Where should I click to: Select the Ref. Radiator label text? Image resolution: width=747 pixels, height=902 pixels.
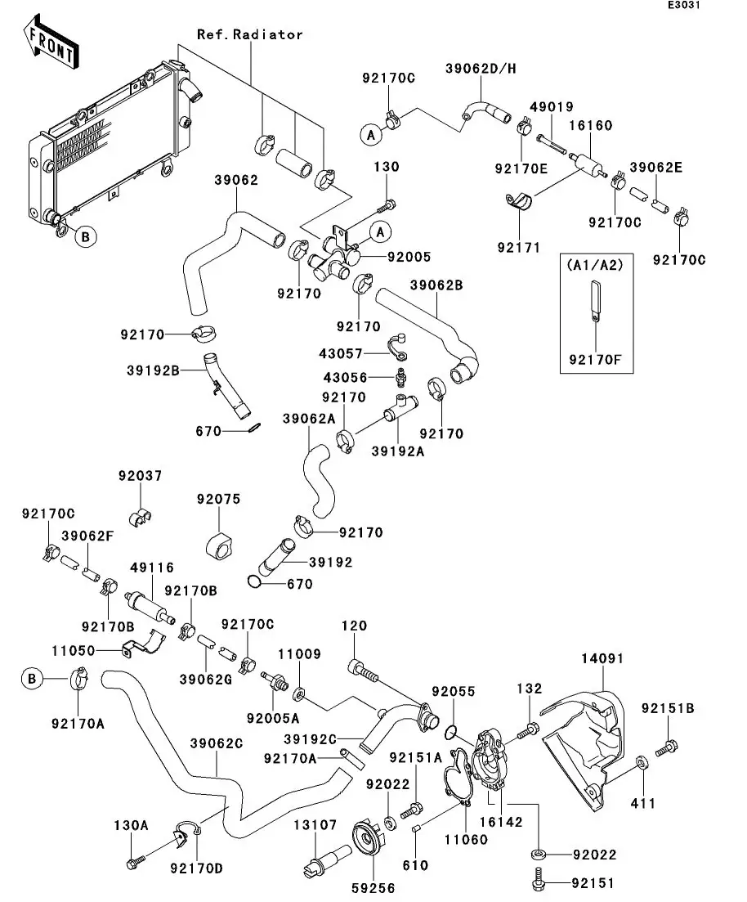click(x=249, y=34)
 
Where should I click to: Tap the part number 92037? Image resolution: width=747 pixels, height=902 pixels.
click(x=140, y=476)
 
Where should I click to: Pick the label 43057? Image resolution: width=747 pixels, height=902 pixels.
click(x=340, y=352)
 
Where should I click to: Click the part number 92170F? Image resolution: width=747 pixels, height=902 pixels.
click(x=594, y=357)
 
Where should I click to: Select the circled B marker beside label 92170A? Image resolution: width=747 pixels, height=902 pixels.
click(x=30, y=678)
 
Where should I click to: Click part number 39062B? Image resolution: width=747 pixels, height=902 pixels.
click(x=436, y=285)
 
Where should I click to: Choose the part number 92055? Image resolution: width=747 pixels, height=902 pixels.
click(x=454, y=692)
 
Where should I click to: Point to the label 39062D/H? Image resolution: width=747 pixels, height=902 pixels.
click(x=481, y=68)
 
